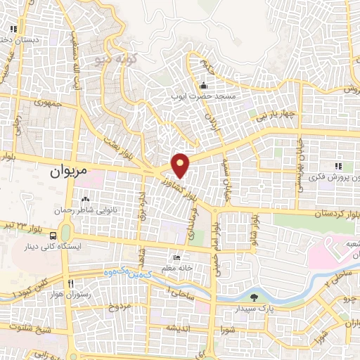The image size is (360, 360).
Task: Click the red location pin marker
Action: pos(181,165)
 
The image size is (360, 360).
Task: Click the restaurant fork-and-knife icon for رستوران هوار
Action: pos(70,283)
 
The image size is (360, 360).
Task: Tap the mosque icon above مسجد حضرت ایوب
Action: pos(203,85)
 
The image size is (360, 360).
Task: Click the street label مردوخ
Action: pos(120,308)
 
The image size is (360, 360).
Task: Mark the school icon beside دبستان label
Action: pos(13,30)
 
